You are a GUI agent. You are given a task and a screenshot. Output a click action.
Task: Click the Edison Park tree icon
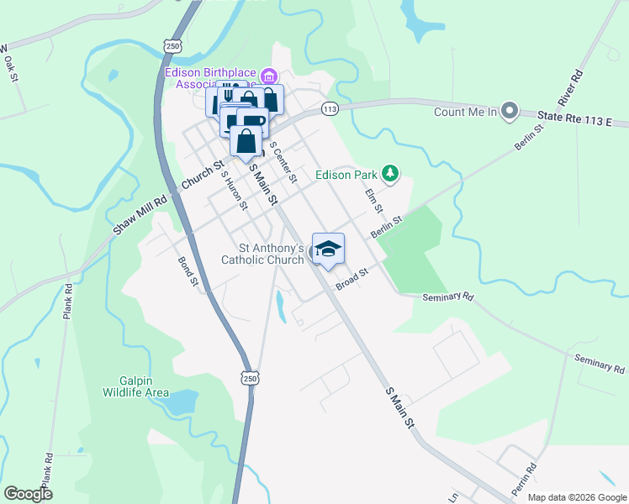tap(389, 174)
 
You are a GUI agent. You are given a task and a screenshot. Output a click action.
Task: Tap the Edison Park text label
tap(346, 176)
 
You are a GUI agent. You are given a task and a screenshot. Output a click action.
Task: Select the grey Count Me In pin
tap(509, 110)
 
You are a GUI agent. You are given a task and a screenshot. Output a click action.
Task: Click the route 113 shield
tap(329, 109)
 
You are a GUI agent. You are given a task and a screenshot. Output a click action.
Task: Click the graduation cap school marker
tap(328, 249)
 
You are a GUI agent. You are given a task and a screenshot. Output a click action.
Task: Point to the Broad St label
tap(352, 280)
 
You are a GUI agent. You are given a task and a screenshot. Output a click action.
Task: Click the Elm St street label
tap(373, 201)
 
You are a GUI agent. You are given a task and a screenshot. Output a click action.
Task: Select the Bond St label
tap(188, 271)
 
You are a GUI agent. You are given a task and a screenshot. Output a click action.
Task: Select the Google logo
tap(28, 494)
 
